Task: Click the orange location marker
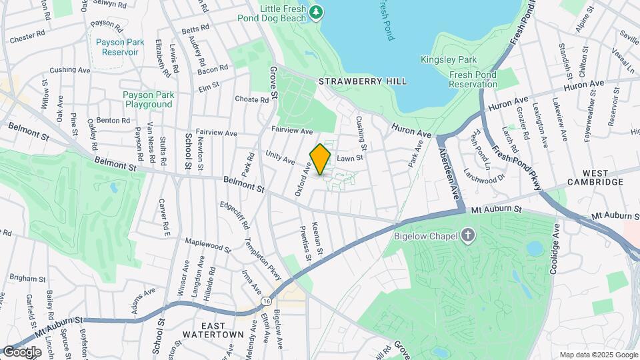click(320, 159)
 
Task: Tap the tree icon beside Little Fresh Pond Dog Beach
click(317, 11)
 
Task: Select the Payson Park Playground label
click(148, 99)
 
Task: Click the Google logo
click(21, 352)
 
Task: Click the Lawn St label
click(349, 158)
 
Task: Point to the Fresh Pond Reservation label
click(474, 79)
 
